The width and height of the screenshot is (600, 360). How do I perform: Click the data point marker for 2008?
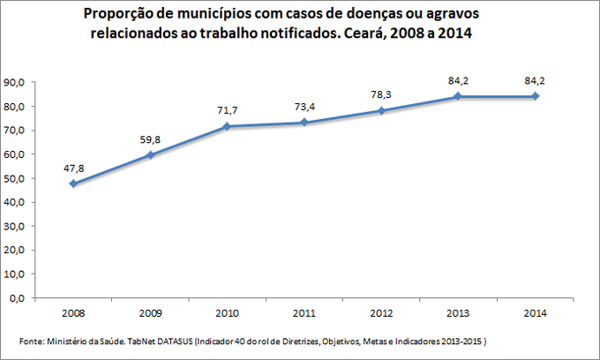pos(73,184)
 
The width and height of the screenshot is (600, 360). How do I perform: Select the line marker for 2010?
pos(227,126)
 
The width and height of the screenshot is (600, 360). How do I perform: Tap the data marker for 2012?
pos(380,110)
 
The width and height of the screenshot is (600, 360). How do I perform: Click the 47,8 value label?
pos(73,168)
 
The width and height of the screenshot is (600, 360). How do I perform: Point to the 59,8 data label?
pos(150,139)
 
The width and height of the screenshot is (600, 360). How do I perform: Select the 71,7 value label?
pos(227,110)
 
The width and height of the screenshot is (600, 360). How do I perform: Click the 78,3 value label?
pos(380,94)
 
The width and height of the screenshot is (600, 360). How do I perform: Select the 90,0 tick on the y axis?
pos(15,82)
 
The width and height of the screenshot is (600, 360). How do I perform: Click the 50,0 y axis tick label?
pos(15,178)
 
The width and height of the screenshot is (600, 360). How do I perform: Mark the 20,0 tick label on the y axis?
pos(15,251)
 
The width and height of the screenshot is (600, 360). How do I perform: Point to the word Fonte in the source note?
pos(32,341)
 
